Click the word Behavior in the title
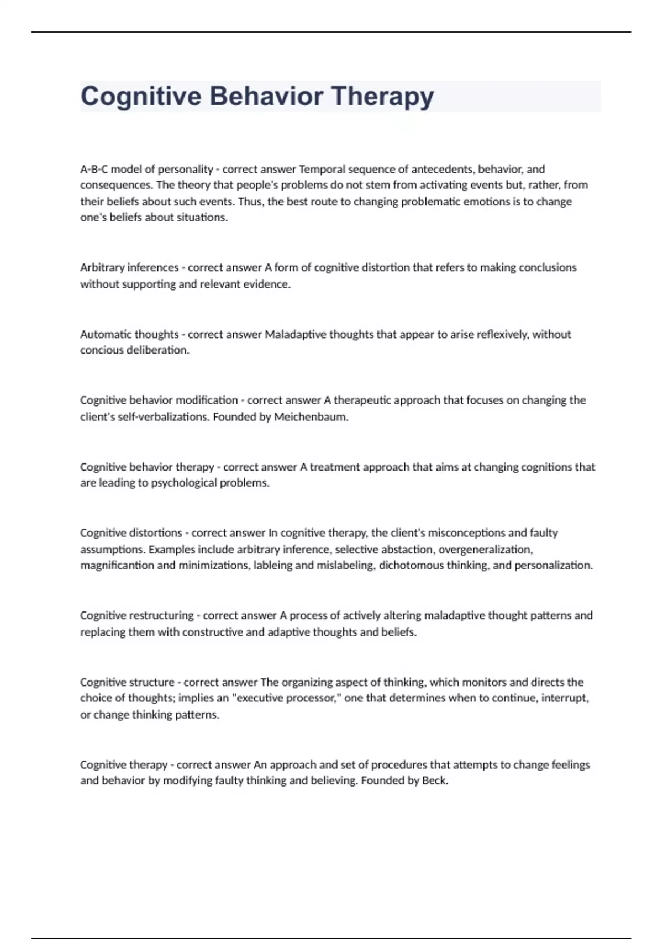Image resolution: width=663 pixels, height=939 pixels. click(266, 97)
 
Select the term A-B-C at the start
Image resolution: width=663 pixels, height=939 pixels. click(94, 169)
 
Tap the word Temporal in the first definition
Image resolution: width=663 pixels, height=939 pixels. click(322, 169)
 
